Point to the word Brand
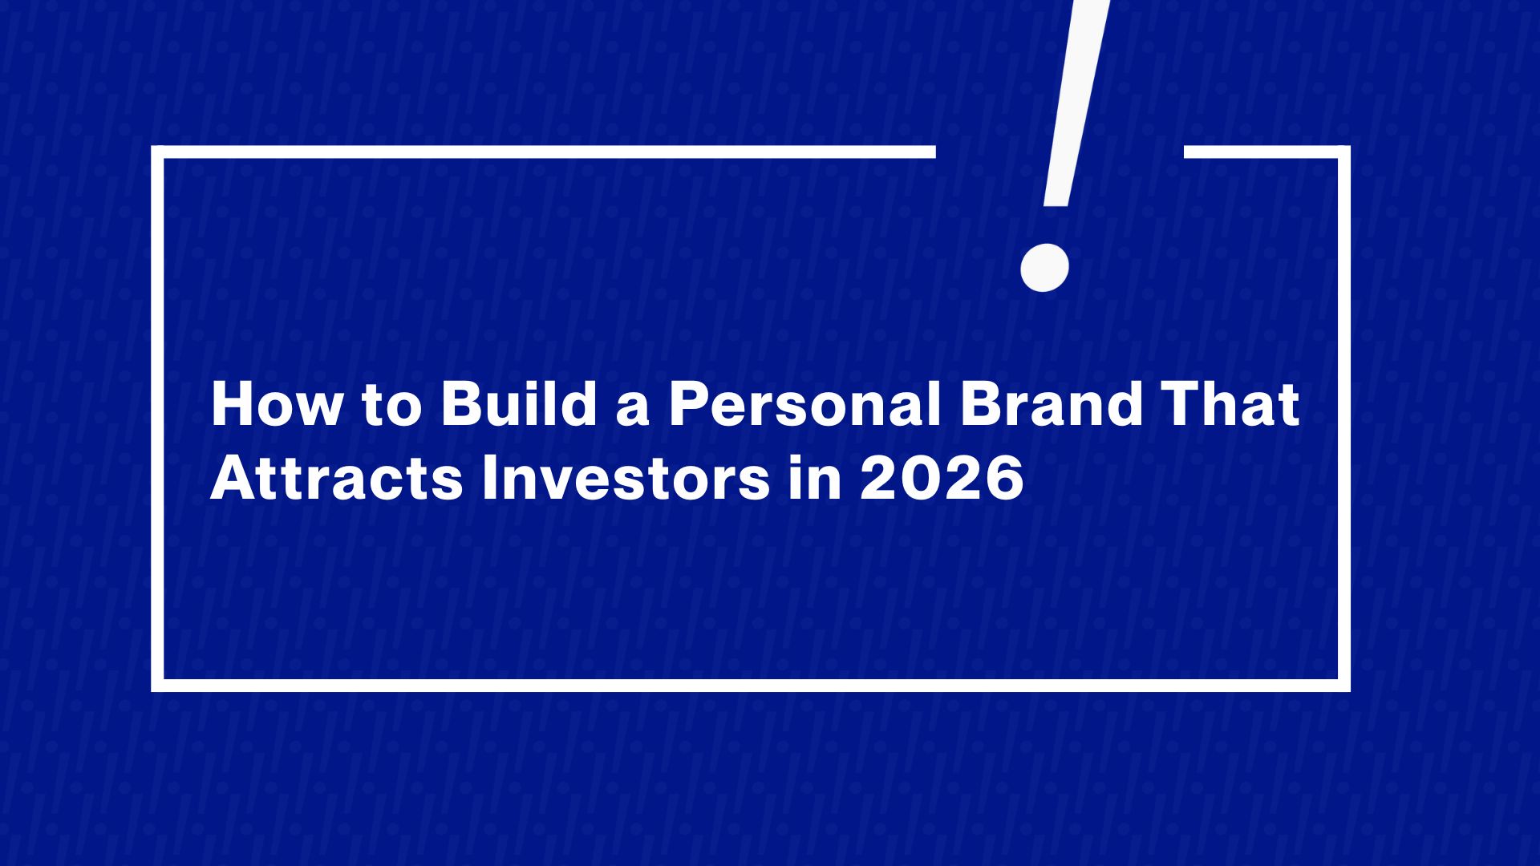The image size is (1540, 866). tap(1051, 405)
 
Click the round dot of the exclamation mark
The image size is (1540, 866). tap(1044, 268)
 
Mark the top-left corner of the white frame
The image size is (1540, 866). tap(157, 152)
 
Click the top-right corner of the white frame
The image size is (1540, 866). tap(1344, 152)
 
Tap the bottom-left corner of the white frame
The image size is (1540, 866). tap(157, 686)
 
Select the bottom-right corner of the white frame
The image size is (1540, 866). tap(1344, 686)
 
